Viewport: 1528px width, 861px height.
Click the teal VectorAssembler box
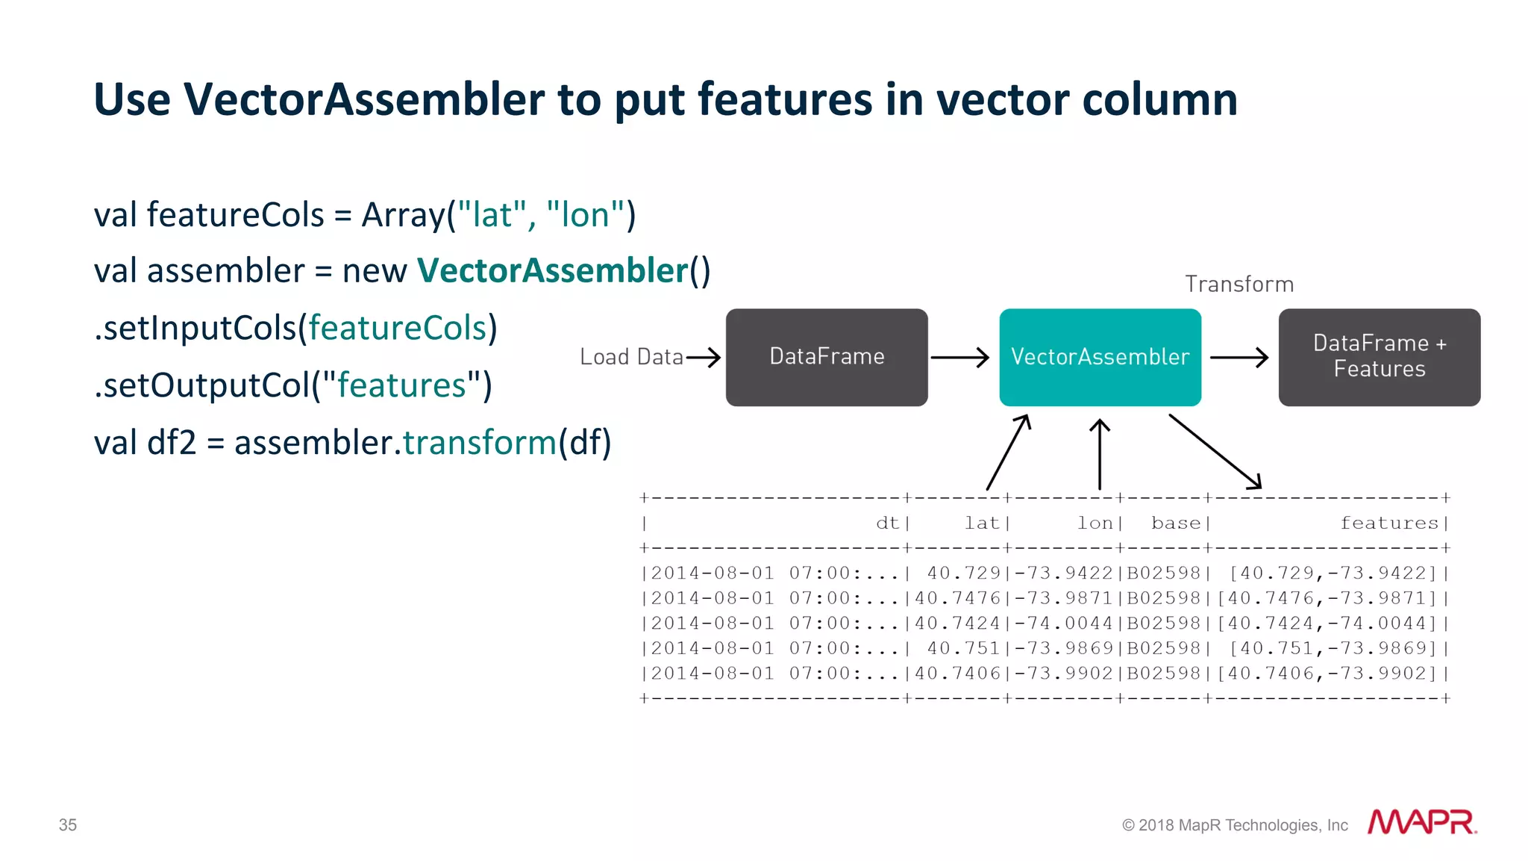[1100, 357]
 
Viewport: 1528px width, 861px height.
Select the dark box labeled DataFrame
[827, 357]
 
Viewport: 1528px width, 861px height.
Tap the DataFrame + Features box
[1379, 357]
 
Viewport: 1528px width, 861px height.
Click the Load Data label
[631, 357]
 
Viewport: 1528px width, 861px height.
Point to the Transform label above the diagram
[1239, 285]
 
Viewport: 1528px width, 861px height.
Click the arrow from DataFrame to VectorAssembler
[959, 358]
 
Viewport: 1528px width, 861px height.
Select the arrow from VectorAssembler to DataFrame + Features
[1239, 358]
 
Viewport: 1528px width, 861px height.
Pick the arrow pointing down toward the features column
[1215, 452]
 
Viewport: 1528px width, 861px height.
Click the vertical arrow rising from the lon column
[1100, 454]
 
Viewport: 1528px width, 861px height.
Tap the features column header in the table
[1389, 523]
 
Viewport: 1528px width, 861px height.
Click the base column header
[1176, 523]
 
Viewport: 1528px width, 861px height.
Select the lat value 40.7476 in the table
[958, 599]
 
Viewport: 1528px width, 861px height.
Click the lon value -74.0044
[1064, 624]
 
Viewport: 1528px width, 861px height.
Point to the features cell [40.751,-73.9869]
[1333, 649]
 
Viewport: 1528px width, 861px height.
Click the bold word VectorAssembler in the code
[552, 270]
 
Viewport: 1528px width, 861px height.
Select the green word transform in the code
[480, 443]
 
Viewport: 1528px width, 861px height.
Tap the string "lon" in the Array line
[585, 215]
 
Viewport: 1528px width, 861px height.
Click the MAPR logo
[1422, 822]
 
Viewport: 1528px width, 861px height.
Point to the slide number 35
[68, 825]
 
